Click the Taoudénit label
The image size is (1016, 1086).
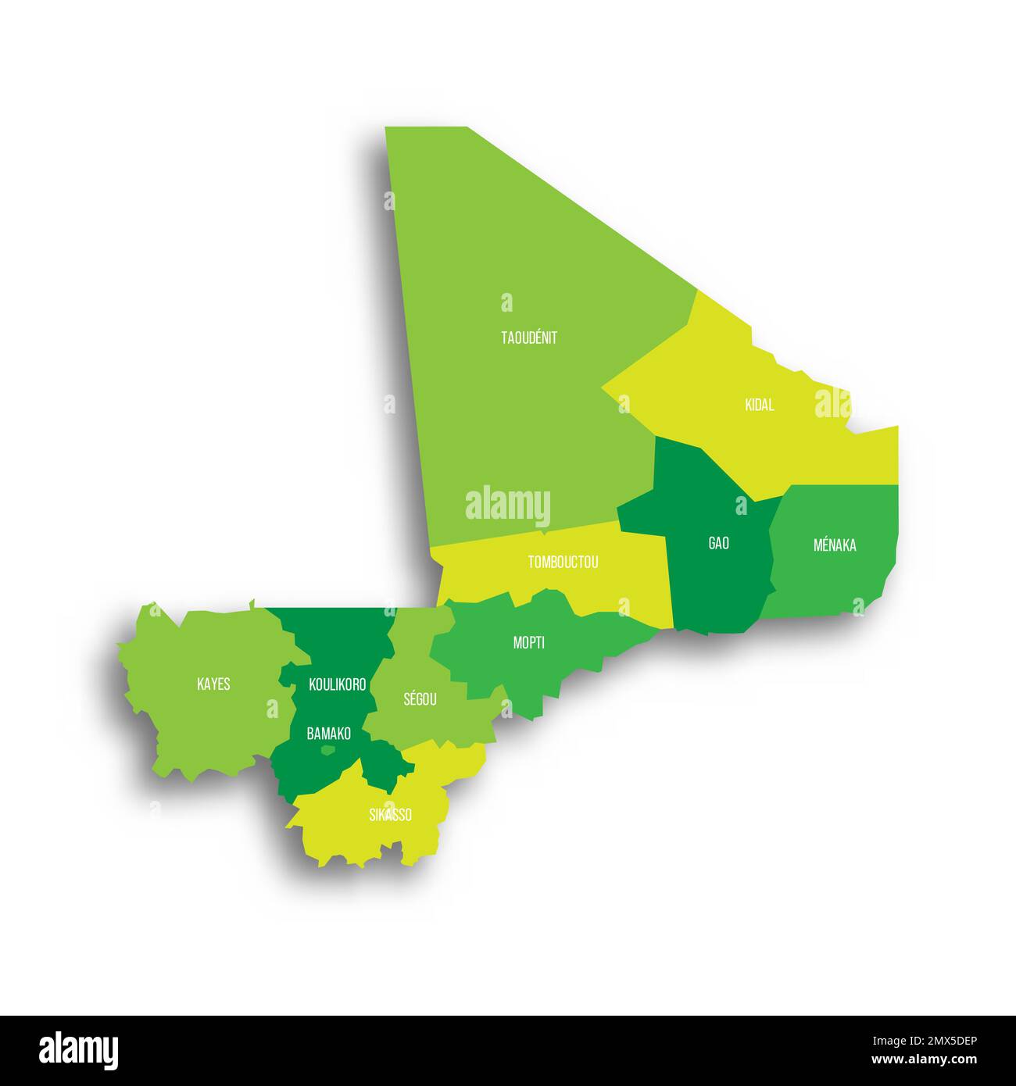529,338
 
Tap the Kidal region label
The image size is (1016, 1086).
760,405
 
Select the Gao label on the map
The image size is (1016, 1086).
718,543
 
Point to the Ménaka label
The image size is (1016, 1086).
835,545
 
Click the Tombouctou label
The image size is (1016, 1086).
563,562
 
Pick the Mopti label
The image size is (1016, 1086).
529,643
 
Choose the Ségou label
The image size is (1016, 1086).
420,699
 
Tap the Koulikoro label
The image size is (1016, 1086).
338,684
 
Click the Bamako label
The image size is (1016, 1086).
328,734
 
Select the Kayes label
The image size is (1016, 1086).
213,684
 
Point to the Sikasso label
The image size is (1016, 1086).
390,815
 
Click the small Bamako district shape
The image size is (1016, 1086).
328,750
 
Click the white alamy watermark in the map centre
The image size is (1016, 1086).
508,506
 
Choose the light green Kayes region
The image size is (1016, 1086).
195,727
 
